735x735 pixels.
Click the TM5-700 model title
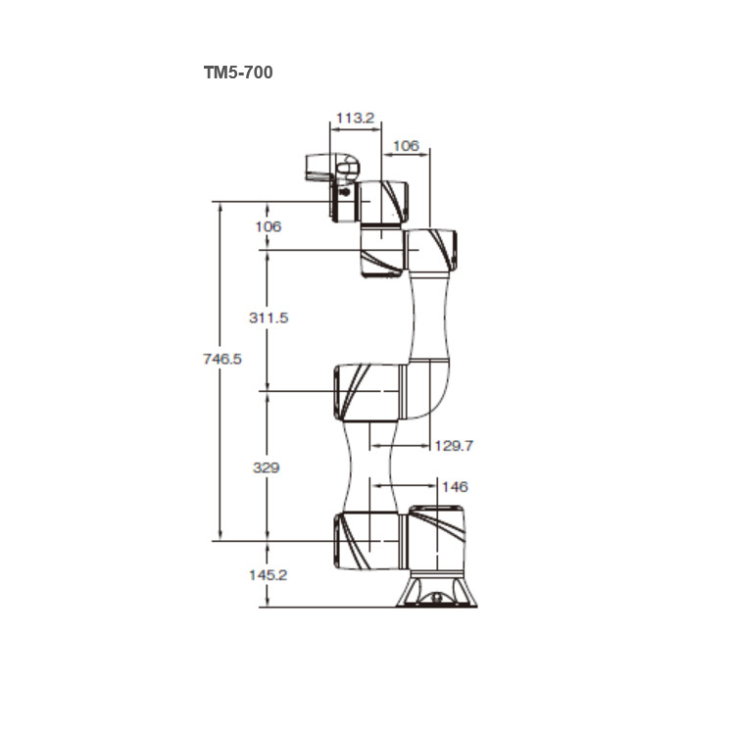click(238, 73)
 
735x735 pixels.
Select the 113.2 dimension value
click(356, 118)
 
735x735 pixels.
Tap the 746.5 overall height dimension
click(222, 359)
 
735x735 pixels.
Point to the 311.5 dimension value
click(269, 318)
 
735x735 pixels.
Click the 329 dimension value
click(267, 467)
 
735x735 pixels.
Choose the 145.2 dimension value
click(268, 575)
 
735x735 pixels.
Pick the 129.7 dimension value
click(454, 445)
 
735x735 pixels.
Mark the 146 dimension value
click(455, 486)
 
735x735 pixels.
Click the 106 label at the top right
click(406, 146)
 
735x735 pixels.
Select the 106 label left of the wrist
click(269, 227)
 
